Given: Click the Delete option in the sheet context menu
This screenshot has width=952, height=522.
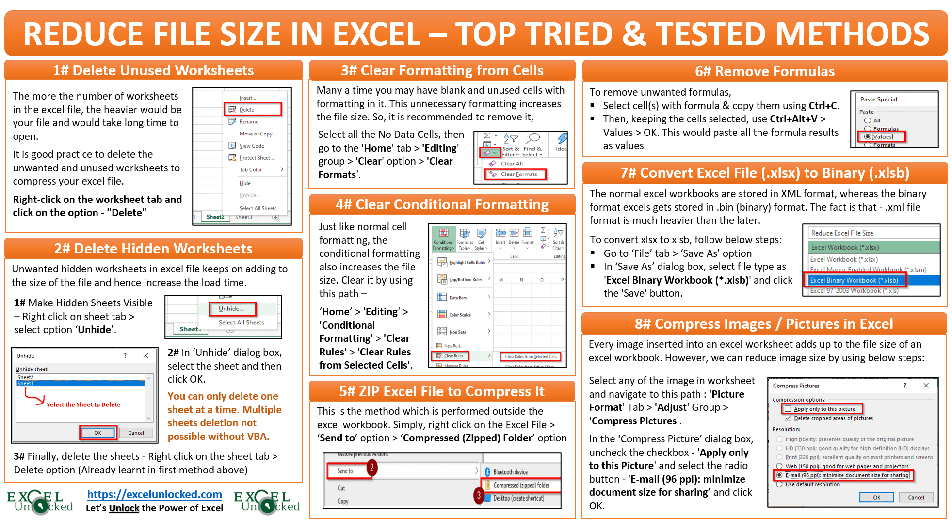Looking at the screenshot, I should tap(247, 110).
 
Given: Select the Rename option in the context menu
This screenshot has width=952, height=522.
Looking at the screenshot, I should tap(249, 122).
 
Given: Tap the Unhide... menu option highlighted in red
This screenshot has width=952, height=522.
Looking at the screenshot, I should tap(231, 309).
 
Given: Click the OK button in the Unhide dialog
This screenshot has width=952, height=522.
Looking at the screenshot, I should tap(98, 433).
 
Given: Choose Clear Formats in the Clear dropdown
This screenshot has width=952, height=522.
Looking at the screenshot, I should tap(519, 174).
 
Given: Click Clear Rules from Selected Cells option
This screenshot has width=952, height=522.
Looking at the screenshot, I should tap(531, 357).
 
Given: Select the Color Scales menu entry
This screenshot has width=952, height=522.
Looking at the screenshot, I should tap(460, 315).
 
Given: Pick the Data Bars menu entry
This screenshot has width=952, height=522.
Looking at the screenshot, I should tap(458, 298).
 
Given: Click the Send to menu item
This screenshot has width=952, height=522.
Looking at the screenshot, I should tap(345, 471).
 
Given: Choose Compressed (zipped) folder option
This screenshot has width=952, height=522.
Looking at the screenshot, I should tap(521, 485).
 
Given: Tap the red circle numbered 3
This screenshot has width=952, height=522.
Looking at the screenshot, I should tap(479, 495).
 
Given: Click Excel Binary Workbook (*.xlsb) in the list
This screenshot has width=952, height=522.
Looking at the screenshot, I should tap(854, 280).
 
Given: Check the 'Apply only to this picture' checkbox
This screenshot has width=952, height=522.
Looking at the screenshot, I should tap(788, 409).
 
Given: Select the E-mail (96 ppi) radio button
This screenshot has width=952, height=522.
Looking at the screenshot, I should tap(779, 475).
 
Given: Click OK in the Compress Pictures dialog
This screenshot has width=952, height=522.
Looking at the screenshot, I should tap(876, 497).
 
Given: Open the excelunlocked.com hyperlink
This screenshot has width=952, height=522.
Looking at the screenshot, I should tap(155, 494).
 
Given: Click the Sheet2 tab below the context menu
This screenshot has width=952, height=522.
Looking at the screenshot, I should tap(215, 217).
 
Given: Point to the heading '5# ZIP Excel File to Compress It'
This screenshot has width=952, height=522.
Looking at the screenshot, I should tap(442, 391).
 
